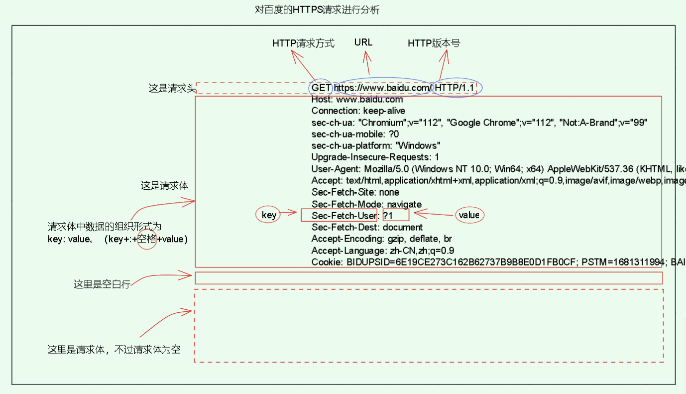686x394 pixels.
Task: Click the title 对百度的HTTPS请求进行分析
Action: pyautogui.click(x=317, y=10)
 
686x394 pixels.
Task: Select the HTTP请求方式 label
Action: pyautogui.click(x=303, y=43)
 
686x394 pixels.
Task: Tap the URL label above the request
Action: pyautogui.click(x=363, y=42)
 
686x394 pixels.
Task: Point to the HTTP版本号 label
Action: pyautogui.click(x=434, y=43)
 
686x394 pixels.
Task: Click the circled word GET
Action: pyautogui.click(x=321, y=88)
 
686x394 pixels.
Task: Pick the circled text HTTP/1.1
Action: pyautogui.click(x=455, y=88)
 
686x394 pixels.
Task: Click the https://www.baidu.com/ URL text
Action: pyautogui.click(x=382, y=88)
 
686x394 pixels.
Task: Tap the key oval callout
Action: pyautogui.click(x=269, y=215)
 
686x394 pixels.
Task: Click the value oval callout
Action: pyautogui.click(x=469, y=215)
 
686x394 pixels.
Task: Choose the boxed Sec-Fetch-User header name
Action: pyautogui.click(x=344, y=215)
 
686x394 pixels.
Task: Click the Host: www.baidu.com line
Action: pyautogui.click(x=357, y=99)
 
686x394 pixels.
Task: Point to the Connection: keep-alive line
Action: pyautogui.click(x=358, y=111)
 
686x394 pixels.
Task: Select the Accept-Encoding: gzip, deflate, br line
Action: pyautogui.click(x=381, y=239)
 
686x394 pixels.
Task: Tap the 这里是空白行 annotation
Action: pyautogui.click(x=102, y=284)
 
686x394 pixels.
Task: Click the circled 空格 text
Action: pyautogui.click(x=147, y=239)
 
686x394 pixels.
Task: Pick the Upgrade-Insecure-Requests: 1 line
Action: pyautogui.click(x=375, y=157)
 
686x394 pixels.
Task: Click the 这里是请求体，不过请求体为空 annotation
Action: pyautogui.click(x=114, y=350)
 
